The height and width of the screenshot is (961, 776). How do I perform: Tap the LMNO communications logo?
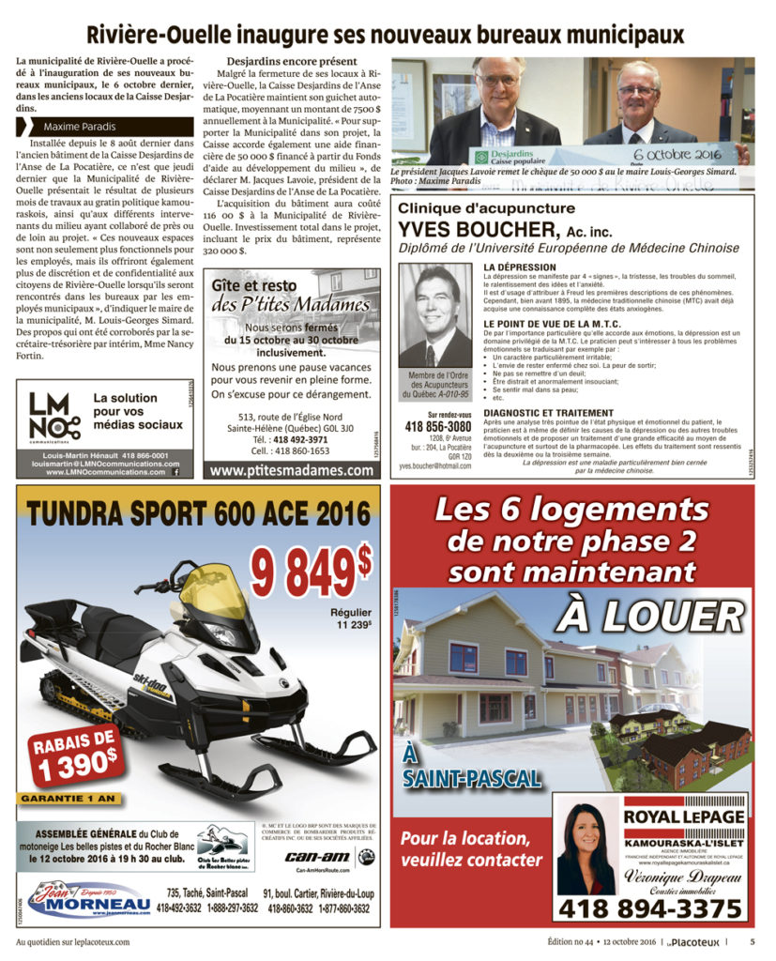[54, 417]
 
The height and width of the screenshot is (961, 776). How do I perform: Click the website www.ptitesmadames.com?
[292, 471]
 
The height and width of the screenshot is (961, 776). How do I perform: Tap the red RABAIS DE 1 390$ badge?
[78, 755]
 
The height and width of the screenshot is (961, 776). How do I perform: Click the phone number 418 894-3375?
[650, 908]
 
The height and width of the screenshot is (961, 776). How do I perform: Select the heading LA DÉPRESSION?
[519, 267]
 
